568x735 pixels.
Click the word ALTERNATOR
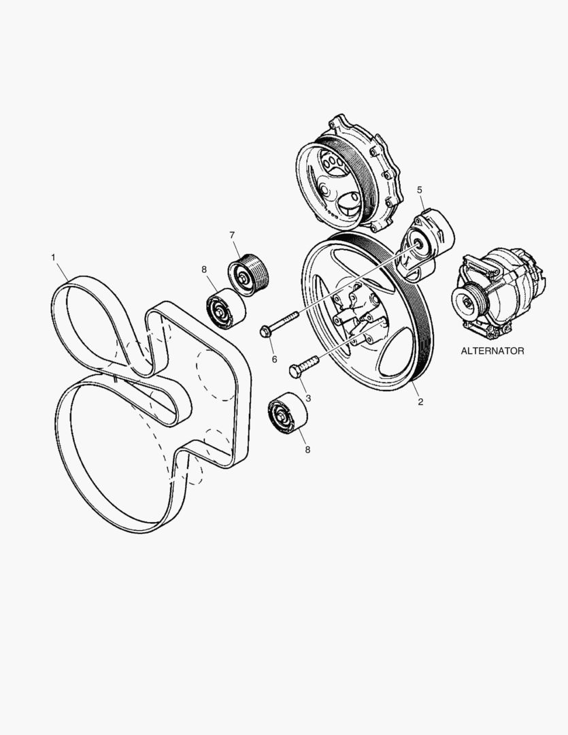pos(492,351)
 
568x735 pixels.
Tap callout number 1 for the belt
pos(53,257)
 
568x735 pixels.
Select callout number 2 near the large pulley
pos(420,402)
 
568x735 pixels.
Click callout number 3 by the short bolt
pos(307,397)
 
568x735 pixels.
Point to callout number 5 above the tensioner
pos(420,189)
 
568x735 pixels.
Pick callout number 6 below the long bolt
pos(274,359)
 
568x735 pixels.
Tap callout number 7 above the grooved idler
pos(232,235)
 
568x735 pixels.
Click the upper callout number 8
pos(203,269)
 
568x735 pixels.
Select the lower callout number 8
pos(307,450)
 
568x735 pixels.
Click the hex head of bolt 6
pos(266,332)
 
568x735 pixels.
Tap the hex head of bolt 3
pos(295,372)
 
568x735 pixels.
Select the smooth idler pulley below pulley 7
pos(222,308)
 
